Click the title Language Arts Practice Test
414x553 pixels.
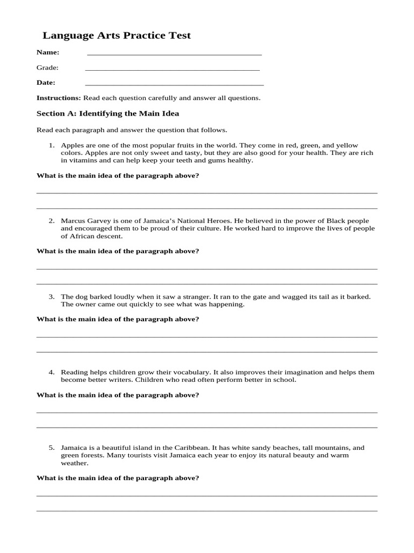pyautogui.click(x=116, y=36)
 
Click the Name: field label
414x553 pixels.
pyautogui.click(x=48, y=52)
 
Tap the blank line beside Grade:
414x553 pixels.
pyautogui.click(x=172, y=70)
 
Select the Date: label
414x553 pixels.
pyautogui.click(x=46, y=83)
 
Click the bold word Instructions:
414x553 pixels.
pyautogui.click(x=58, y=98)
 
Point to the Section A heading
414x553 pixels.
pyautogui.click(x=107, y=113)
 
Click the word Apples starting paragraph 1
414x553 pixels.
pyautogui.click(x=72, y=145)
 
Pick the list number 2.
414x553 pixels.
pyautogui.click(x=52, y=221)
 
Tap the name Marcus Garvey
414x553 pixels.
pyautogui.click(x=84, y=221)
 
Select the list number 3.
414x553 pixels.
pyautogui.click(x=52, y=296)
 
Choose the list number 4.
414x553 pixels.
pyautogui.click(x=52, y=372)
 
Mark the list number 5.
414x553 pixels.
pyautogui.click(x=52, y=448)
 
